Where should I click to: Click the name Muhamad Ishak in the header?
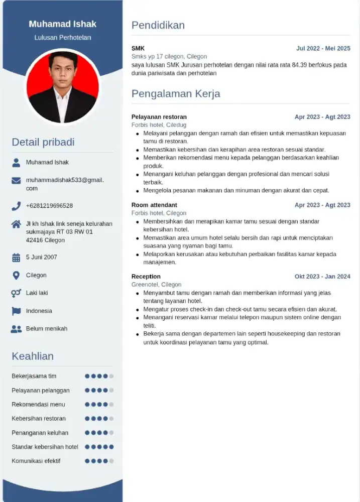62,24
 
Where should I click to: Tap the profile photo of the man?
63,86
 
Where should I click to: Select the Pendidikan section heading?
158,25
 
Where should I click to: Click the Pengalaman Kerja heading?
175,94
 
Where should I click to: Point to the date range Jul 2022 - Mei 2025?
323,49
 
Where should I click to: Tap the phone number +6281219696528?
49,206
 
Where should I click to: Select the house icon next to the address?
16,224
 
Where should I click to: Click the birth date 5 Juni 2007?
41,257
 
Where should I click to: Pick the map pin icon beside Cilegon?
16,275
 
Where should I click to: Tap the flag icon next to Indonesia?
16,311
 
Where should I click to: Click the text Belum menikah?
46,329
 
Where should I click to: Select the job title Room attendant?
154,205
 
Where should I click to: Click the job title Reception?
146,277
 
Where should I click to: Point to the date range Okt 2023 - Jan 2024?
322,277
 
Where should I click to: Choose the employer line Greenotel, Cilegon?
156,285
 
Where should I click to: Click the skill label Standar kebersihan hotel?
45,447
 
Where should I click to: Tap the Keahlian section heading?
33,356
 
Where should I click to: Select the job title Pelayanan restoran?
159,117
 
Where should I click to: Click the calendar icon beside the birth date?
16,258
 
